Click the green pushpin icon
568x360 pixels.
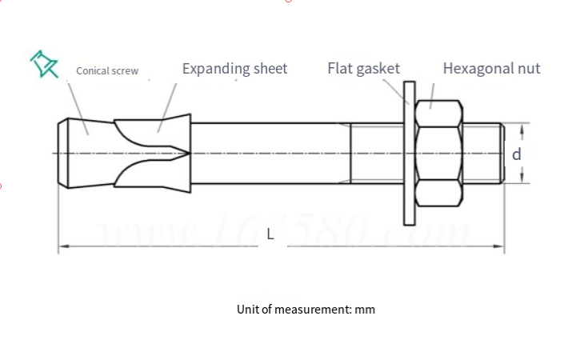tap(44, 64)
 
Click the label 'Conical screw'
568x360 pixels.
tap(107, 71)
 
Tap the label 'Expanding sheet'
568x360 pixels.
tap(234, 68)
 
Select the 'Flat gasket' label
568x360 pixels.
tap(363, 68)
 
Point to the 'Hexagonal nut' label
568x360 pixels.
tap(491, 68)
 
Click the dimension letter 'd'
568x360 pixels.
tap(517, 154)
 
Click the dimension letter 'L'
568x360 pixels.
tap(270, 234)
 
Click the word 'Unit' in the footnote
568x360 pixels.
tap(248, 309)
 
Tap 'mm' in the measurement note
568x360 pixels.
tap(365, 309)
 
